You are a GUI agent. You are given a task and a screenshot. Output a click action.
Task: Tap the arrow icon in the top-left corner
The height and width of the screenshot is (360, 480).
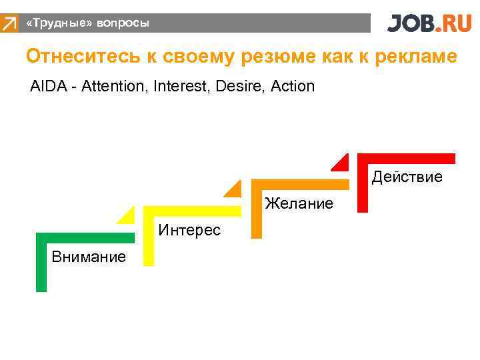coord(9,25)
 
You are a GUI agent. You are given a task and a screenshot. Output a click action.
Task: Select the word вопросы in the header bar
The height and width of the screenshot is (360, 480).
coord(123,23)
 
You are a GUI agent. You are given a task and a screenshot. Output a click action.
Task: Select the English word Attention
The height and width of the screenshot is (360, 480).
coord(114,87)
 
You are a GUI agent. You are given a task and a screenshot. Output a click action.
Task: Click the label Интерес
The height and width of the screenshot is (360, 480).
coord(189,231)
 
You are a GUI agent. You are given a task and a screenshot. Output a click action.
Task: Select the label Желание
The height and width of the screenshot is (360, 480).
coord(299,203)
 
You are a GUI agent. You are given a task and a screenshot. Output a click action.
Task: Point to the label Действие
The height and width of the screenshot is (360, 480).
coord(407,177)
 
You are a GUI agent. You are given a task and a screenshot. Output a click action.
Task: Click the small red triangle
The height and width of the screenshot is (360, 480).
coord(342,163)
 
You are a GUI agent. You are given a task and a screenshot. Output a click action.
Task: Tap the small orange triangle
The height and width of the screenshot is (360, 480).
coord(235,190)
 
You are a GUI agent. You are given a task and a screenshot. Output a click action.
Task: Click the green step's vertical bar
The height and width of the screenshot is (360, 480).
coord(41,267)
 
